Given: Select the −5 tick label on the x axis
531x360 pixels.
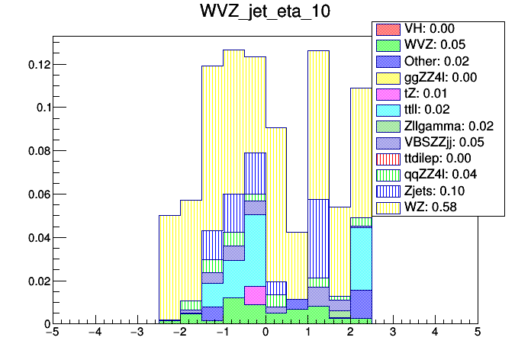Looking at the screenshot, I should [52, 333].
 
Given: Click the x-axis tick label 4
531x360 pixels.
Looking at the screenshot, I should [435, 333].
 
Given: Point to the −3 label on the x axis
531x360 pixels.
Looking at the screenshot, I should [137, 333].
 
